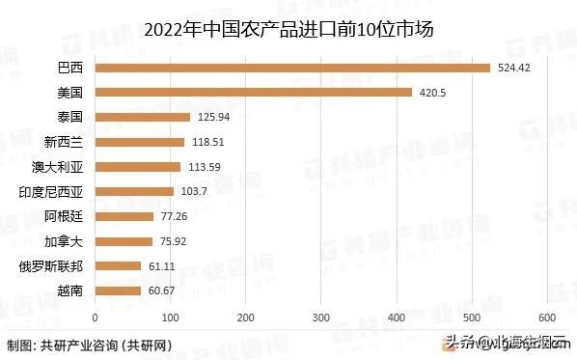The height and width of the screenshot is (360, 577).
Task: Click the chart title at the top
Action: (288, 29)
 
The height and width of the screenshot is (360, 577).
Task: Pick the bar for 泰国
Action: (142, 117)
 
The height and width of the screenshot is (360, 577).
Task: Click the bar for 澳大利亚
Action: (137, 166)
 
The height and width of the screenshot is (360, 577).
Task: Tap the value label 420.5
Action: (428, 93)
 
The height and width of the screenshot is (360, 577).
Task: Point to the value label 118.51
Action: (207, 142)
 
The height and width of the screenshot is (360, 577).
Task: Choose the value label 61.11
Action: (162, 265)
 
